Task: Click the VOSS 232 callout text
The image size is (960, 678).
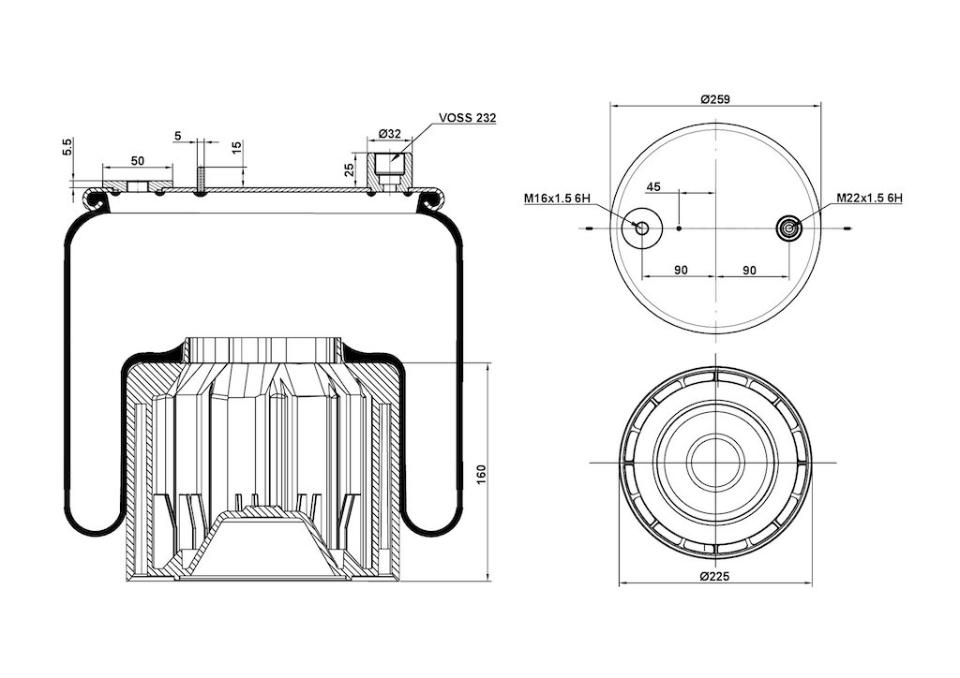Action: click(x=468, y=118)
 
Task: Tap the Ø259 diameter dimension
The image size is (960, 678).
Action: click(x=715, y=98)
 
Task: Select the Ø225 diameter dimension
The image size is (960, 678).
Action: click(x=715, y=576)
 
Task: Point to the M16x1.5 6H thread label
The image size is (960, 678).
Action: click(x=556, y=199)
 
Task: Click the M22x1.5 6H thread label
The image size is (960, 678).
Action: click(x=870, y=199)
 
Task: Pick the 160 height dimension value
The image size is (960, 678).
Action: click(x=481, y=476)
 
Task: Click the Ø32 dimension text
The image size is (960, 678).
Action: click(x=389, y=133)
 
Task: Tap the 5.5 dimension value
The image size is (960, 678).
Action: click(x=67, y=147)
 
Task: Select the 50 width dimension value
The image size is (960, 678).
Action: click(x=138, y=160)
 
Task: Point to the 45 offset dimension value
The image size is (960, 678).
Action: click(x=653, y=186)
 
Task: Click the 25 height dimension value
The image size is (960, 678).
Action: click(x=351, y=169)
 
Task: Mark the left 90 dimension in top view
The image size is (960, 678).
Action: click(x=681, y=270)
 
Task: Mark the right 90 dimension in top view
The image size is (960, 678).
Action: click(x=749, y=270)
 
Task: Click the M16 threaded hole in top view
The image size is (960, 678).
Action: click(x=641, y=228)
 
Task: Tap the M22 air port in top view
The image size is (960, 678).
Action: click(x=788, y=228)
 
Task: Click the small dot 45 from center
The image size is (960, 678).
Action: click(x=679, y=228)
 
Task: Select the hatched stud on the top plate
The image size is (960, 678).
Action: click(x=201, y=180)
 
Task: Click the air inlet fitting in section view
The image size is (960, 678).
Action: click(x=389, y=171)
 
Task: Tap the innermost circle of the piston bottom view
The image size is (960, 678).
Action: click(x=715, y=463)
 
